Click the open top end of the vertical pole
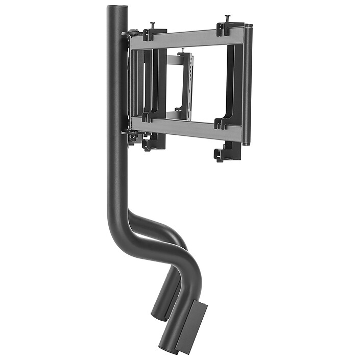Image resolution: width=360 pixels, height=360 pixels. pyautogui.click(x=117, y=7)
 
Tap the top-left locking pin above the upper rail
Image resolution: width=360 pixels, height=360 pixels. pyautogui.click(x=152, y=26)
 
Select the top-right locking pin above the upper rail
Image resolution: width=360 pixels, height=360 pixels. pyautogui.click(x=227, y=19)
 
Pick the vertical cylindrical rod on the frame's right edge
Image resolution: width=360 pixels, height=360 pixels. pyautogui.click(x=247, y=84)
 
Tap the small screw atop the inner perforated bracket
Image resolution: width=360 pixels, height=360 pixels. pyautogui.click(x=182, y=51)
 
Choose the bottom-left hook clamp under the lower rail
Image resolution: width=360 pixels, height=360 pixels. pyautogui.click(x=152, y=143)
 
